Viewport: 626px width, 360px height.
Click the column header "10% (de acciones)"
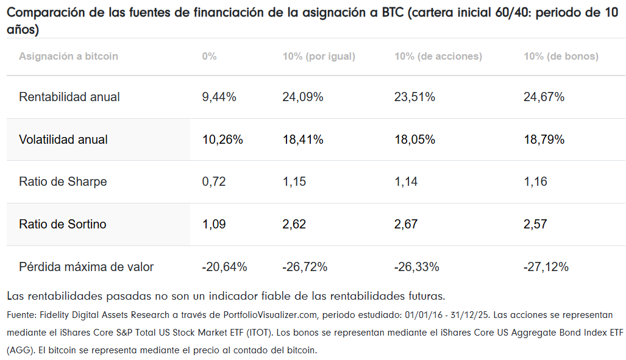[438, 56]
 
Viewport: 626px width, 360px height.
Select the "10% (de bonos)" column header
[561, 56]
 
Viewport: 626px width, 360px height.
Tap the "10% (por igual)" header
[319, 56]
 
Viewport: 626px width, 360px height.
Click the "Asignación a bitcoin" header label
[68, 56]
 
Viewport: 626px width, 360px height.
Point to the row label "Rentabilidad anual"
[69, 97]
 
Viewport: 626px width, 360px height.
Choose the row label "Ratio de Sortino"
[63, 224]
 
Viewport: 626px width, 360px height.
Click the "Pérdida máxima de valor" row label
[86, 267]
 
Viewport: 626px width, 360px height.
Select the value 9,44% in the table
[219, 97]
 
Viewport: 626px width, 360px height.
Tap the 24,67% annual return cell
[544, 97]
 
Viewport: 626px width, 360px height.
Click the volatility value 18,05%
[415, 139]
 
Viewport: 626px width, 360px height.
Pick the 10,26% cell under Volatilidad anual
[222, 139]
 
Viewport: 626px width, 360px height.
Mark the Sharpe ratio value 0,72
[213, 182]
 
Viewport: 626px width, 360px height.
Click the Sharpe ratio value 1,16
[535, 182]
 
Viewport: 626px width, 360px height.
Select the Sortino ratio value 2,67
[406, 224]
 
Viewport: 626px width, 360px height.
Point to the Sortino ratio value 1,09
[213, 224]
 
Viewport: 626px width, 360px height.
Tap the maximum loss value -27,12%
[546, 267]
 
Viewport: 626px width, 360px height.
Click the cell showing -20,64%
[224, 267]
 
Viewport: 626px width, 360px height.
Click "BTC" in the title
[393, 13]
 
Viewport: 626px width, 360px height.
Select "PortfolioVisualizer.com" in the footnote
[270, 315]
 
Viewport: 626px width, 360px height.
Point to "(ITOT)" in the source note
[260, 333]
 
